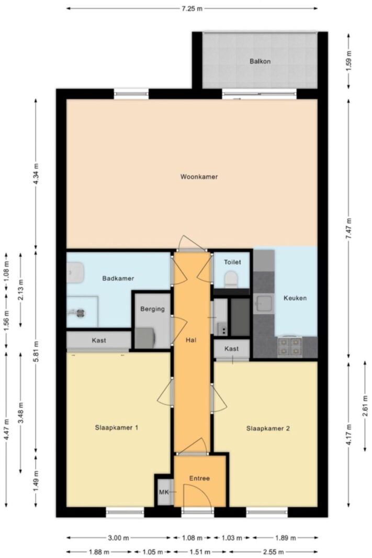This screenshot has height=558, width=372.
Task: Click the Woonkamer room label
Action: pos(199,177)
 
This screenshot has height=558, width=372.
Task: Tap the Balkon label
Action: pos(260,61)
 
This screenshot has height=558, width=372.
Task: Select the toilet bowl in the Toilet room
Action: pos(231,279)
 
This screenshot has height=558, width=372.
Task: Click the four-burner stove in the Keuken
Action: pos(289,346)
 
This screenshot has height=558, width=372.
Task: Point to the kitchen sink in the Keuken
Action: pos(263,303)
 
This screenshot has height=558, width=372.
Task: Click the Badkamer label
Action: pos(118,278)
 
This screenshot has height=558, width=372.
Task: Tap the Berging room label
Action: pos(152,309)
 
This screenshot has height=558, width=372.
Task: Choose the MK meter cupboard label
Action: pos(164,492)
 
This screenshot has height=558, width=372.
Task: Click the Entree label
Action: pos(199,479)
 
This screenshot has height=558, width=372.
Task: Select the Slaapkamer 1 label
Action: pos(116,427)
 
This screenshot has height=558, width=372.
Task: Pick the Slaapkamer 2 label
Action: pos(268,428)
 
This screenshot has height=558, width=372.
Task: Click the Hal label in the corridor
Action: pos(191,340)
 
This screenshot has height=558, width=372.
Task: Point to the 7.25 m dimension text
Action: pos(192,8)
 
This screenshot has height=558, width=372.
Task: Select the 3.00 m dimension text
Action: pos(119,538)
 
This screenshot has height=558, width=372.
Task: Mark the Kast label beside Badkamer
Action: pos(98,340)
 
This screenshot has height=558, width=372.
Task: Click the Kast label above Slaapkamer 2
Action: pos(231,349)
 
